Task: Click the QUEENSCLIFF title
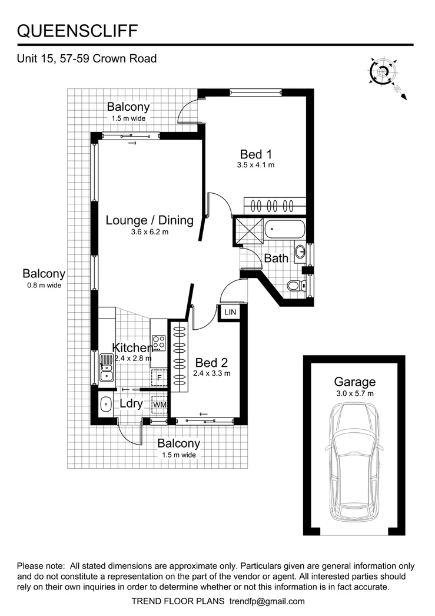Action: pos(79,31)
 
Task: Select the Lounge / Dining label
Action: pos(150,220)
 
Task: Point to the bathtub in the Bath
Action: pos(285,228)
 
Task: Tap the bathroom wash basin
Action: pos(300,252)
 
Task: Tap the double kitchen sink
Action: pos(107,367)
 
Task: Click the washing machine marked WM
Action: pos(159,405)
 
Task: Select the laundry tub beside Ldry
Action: pos(107,405)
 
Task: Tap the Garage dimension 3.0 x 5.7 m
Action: pos(354,393)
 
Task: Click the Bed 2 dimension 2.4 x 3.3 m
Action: pos(212,373)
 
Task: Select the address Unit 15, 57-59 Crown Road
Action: pos(87,59)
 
